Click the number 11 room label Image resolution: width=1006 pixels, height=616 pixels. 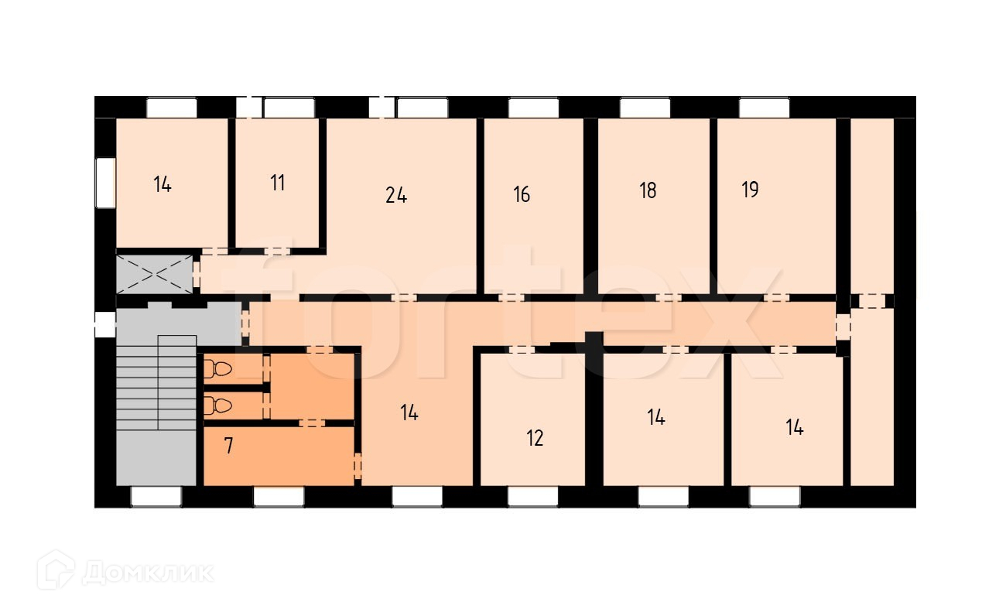click(x=278, y=183)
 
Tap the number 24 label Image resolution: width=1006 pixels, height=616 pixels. click(x=396, y=196)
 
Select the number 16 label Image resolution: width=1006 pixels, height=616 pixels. click(x=522, y=194)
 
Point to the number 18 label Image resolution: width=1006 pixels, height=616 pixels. click(x=648, y=190)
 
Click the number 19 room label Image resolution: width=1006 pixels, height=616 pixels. click(x=750, y=190)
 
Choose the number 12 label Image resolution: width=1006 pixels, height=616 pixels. click(x=535, y=439)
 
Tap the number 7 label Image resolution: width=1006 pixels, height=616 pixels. click(x=228, y=447)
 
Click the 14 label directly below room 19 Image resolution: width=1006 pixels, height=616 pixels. click(x=795, y=427)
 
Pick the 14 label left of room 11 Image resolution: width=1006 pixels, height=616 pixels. click(x=162, y=185)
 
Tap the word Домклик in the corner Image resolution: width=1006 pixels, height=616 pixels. click(x=148, y=573)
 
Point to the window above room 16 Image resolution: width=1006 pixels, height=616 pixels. click(x=533, y=108)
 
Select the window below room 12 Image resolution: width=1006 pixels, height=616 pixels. click(x=533, y=497)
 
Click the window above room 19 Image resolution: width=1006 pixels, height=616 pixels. click(x=764, y=108)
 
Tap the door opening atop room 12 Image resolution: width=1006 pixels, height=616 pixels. click(x=522, y=350)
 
